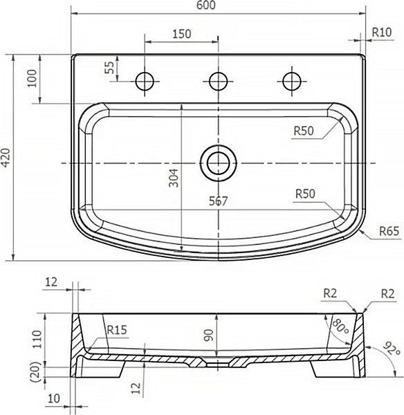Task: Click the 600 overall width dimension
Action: (206, 6)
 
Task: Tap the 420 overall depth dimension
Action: (6, 158)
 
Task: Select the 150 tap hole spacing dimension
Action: (182, 34)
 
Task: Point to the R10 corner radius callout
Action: (381, 33)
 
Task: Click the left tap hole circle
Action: (145, 81)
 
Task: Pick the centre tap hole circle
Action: (218, 81)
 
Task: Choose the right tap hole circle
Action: (292, 81)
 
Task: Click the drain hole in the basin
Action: (218, 163)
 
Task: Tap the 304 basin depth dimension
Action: (174, 178)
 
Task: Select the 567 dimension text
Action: (218, 201)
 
